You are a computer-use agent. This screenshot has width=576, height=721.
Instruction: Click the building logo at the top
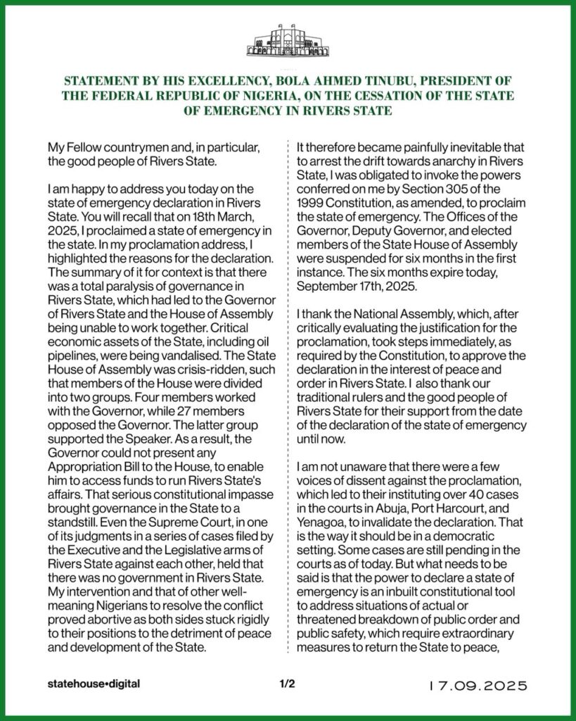pos(288,42)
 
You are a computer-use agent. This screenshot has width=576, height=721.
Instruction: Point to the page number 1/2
pos(287,684)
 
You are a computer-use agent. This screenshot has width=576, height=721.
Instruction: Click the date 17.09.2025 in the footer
pos(478,684)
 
